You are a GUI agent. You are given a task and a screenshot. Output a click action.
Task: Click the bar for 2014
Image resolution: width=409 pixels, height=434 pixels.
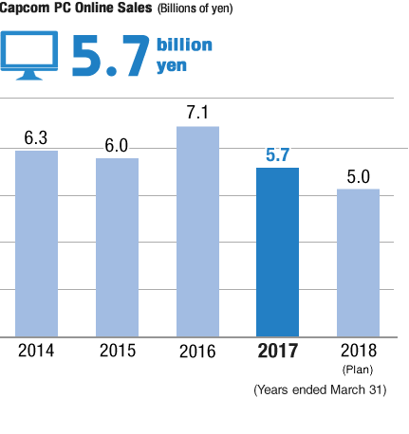[x=37, y=244]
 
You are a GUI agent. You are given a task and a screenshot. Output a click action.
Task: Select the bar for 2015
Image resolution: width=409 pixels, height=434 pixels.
[x=117, y=247]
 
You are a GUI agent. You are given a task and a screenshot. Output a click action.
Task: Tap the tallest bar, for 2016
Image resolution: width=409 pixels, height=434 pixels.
[x=197, y=231]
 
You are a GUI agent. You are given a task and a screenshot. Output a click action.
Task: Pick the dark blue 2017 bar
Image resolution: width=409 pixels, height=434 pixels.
[x=278, y=252]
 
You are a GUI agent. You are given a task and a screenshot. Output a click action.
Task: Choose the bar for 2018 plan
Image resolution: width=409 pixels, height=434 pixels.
[x=358, y=262]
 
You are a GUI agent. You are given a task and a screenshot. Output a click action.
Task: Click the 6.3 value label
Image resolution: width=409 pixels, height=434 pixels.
[x=37, y=137]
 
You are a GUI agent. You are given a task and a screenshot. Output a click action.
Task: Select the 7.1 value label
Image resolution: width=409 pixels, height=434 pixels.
[x=197, y=113]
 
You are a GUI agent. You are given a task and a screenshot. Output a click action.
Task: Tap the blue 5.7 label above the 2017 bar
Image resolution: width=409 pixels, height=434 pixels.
[x=278, y=154]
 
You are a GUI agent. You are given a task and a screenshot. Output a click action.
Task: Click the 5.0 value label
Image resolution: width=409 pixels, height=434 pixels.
[x=358, y=176]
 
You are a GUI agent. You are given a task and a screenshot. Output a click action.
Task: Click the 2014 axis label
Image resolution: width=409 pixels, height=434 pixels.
[x=37, y=351]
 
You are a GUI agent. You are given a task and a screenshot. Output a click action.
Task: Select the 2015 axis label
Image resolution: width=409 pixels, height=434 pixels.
[x=117, y=351]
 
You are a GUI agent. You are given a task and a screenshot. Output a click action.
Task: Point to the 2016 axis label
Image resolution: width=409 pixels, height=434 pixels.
[x=197, y=352]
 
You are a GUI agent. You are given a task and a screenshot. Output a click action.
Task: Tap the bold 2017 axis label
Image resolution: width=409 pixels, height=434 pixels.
[x=278, y=352]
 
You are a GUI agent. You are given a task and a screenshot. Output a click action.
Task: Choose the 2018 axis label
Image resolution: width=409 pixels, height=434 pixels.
[x=358, y=351]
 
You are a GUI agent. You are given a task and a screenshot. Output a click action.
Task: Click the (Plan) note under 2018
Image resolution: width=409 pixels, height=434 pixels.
[x=359, y=369]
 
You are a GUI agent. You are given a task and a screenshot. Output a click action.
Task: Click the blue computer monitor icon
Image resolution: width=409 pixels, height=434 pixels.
[x=31, y=56]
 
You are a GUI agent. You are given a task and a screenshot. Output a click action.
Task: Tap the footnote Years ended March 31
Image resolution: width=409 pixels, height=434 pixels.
[x=319, y=389]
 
